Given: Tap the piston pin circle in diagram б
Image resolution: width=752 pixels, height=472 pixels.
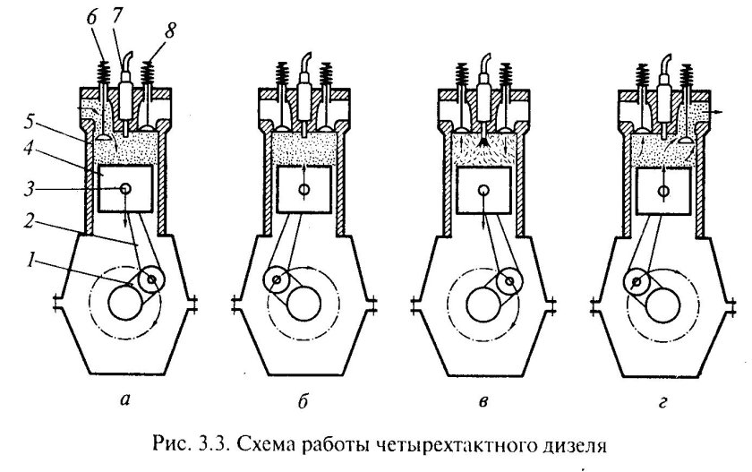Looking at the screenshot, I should point(305,190).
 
